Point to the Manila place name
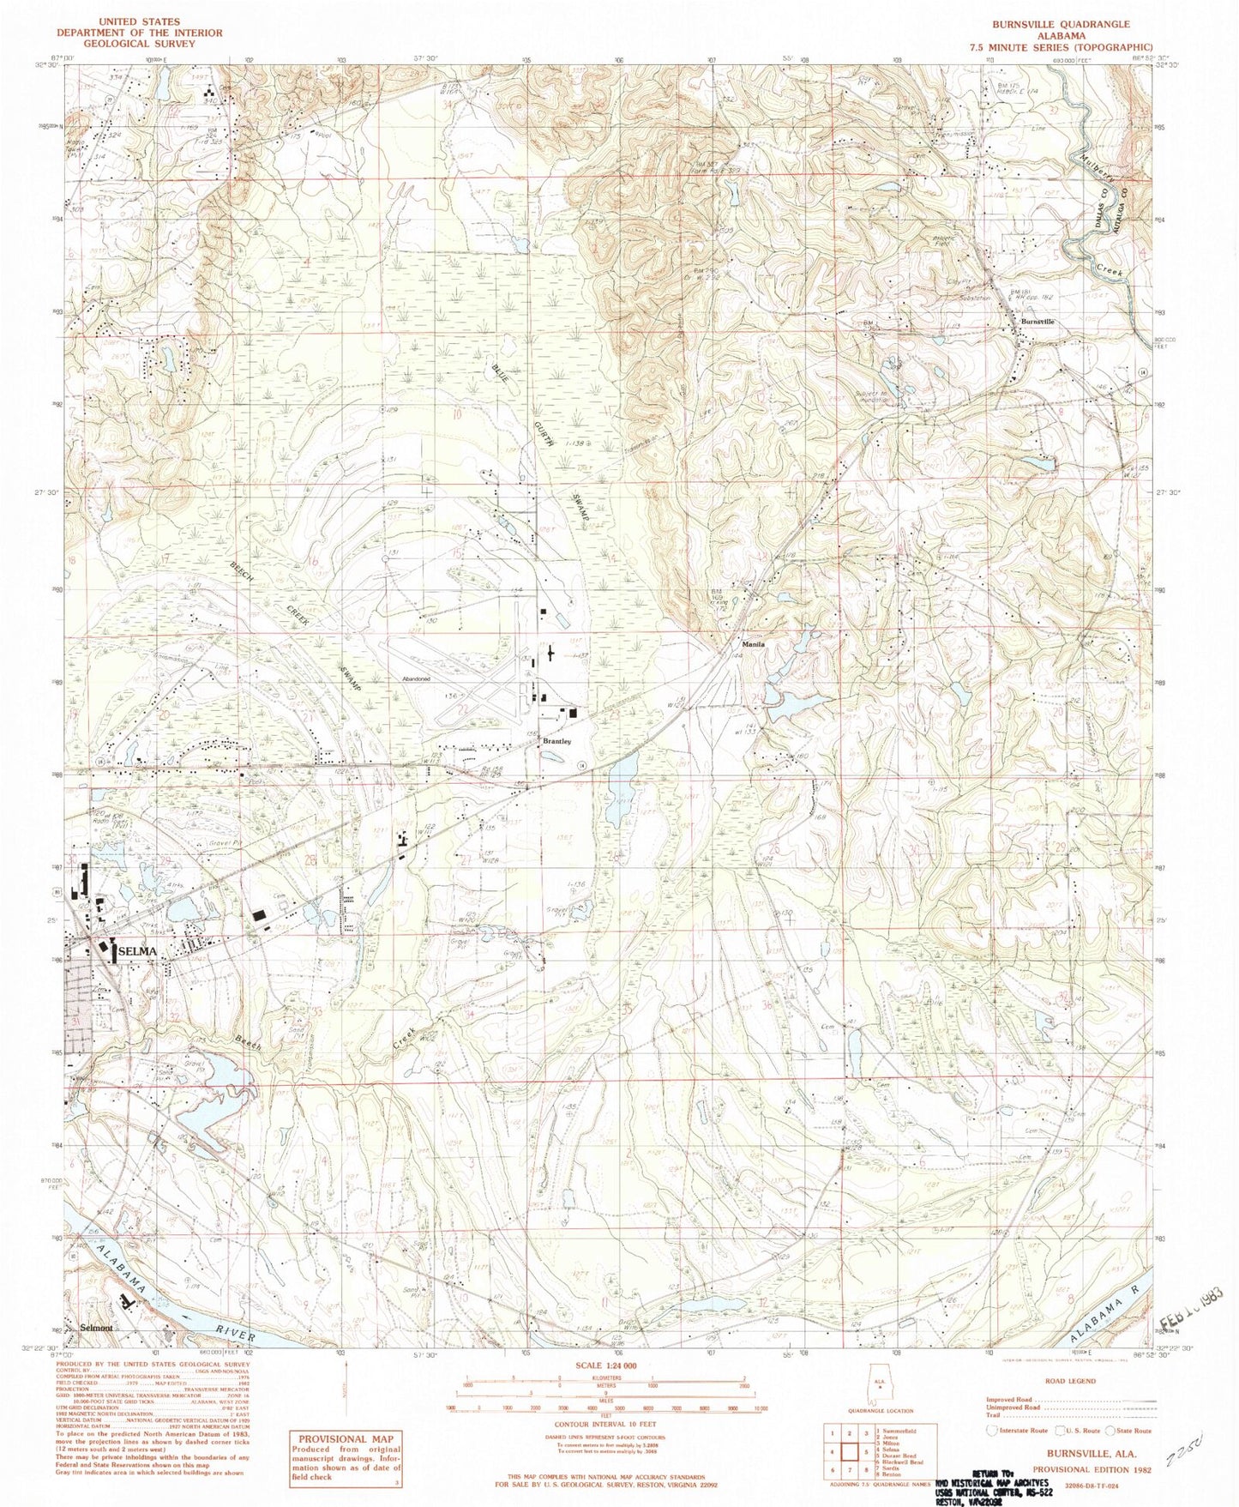tap(753, 644)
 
